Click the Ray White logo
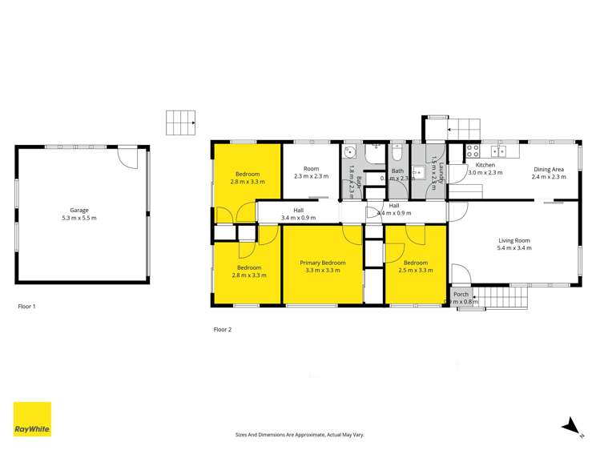[x=32, y=419]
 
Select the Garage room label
[x=79, y=215]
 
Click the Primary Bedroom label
[x=323, y=267]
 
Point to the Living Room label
[x=514, y=244]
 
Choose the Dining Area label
[x=549, y=172]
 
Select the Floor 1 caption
[x=27, y=307]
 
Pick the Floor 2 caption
[x=223, y=329]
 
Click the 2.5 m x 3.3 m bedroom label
[x=415, y=267]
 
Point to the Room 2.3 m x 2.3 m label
[x=311, y=172]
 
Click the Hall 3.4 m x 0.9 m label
[x=298, y=213]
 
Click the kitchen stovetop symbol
[x=473, y=149]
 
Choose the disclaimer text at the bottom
[x=299, y=434]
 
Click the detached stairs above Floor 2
[x=180, y=123]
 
